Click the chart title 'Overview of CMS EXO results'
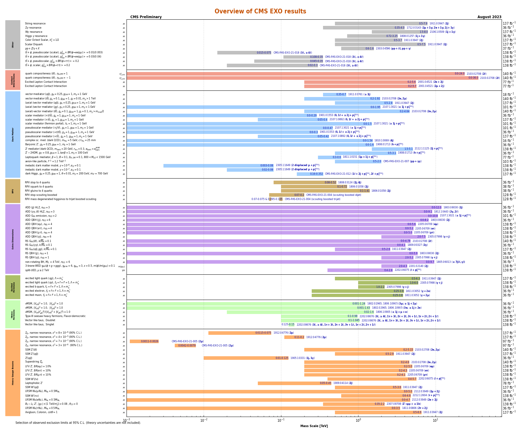click(260, 11)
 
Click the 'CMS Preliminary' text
click(146, 17)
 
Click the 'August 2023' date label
click(489, 17)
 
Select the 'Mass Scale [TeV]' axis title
click(314, 426)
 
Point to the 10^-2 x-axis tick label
click(204, 420)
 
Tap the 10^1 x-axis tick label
click(435, 420)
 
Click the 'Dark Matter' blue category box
click(13, 134)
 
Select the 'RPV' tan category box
click(13, 191)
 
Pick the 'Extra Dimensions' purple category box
click(13, 239)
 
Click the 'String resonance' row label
click(35, 24)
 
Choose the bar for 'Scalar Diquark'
click(380, 44)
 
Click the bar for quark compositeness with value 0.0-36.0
click(302, 78)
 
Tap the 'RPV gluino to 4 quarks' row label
click(38, 191)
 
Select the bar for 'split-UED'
click(360, 270)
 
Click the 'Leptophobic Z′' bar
click(294, 383)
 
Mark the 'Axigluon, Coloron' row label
click(41, 412)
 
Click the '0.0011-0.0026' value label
click(149, 341)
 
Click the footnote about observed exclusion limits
click(78, 423)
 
